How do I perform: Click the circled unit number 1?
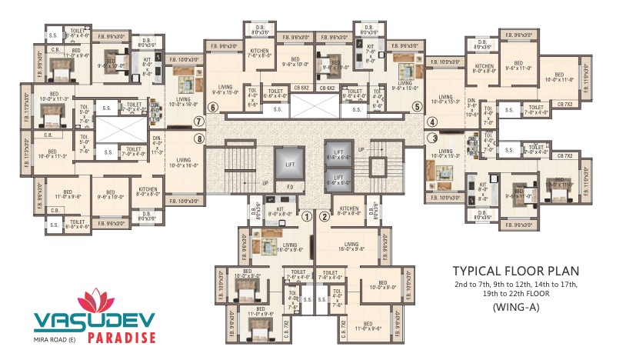click(x=307, y=216)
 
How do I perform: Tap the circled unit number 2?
click(x=325, y=216)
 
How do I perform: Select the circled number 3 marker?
click(x=432, y=138)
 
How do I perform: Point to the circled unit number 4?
click(x=432, y=122)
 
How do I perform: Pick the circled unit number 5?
click(x=417, y=107)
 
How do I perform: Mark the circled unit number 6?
click(x=212, y=107)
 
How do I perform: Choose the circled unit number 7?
click(x=198, y=121)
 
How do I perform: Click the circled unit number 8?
click(x=199, y=139)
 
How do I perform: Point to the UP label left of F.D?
click(x=266, y=184)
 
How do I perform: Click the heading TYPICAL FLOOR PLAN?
click(x=515, y=272)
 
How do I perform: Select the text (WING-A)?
click(x=514, y=308)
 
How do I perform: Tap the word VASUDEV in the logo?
click(x=94, y=321)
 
